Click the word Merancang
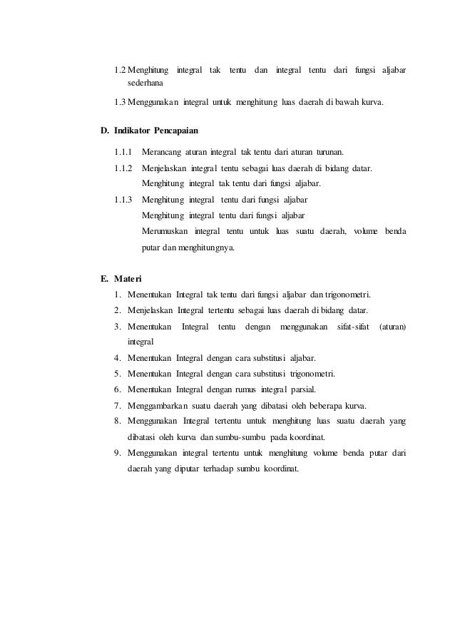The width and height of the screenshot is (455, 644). [162, 152]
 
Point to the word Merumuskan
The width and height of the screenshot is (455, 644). [165, 232]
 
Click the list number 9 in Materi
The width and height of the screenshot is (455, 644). [116, 453]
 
